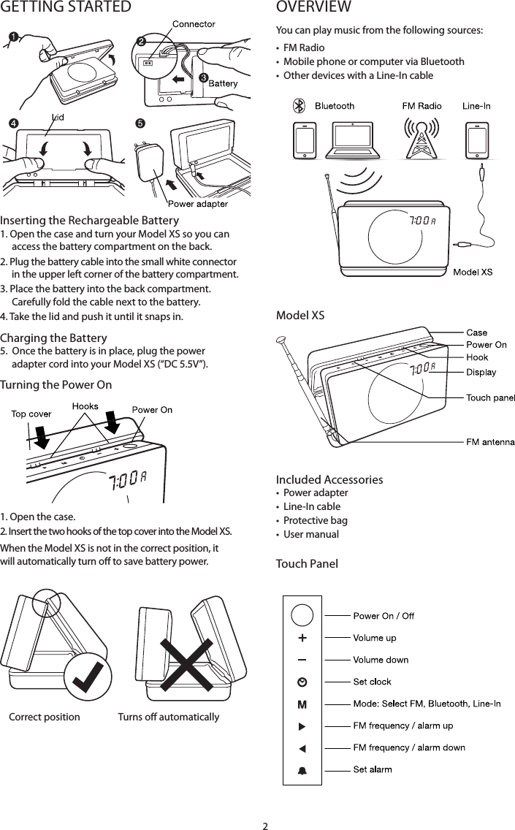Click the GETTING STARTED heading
(x=66, y=8)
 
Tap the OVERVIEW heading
(x=313, y=8)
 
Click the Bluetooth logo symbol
(x=298, y=106)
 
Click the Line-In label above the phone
(x=476, y=106)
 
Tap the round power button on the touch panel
(x=302, y=614)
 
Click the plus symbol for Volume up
(x=302, y=637)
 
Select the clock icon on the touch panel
(x=302, y=682)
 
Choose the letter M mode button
(x=302, y=704)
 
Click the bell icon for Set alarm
(x=302, y=769)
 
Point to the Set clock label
(x=372, y=682)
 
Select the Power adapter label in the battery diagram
(x=197, y=204)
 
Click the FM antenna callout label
(x=490, y=441)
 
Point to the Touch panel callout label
(x=490, y=397)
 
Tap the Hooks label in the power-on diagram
(x=85, y=406)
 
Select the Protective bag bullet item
(x=315, y=520)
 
